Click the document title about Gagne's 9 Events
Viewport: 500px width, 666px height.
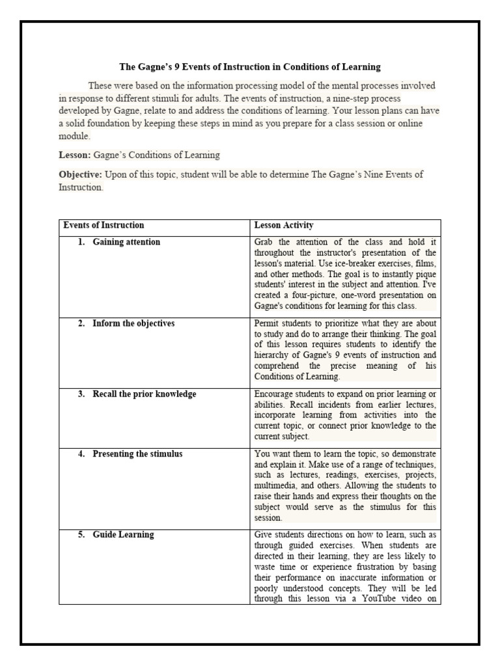251,67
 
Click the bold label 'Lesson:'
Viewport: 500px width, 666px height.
75,155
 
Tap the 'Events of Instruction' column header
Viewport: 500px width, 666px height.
104,226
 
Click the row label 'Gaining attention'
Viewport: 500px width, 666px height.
126,242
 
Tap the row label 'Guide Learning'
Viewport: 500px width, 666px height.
123,535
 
